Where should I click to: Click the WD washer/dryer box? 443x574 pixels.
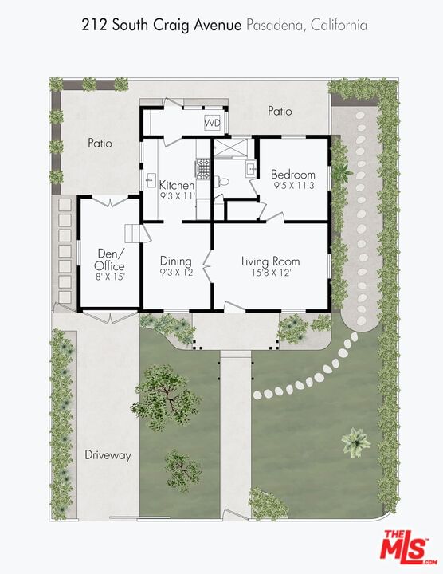click(212, 123)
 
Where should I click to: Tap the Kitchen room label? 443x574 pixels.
click(177, 185)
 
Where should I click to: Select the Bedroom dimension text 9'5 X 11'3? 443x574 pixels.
click(294, 186)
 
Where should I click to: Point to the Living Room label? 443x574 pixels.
click(270, 261)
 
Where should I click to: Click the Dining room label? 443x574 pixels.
click(176, 261)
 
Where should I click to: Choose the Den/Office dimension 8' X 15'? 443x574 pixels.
click(111, 277)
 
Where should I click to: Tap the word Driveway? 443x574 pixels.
click(108, 455)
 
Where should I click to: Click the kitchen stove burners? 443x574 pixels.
click(202, 169)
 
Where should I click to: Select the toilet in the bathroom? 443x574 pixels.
click(221, 181)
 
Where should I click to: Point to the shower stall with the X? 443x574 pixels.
click(230, 147)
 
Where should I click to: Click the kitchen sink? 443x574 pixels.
click(151, 179)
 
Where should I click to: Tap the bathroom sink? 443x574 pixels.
click(251, 169)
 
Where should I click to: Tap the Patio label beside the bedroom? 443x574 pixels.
click(280, 111)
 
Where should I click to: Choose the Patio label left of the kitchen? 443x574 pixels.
click(100, 143)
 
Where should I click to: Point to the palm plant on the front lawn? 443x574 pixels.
click(356, 442)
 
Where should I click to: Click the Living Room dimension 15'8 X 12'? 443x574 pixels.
click(271, 273)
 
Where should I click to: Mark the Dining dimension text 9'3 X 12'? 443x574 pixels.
click(177, 273)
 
